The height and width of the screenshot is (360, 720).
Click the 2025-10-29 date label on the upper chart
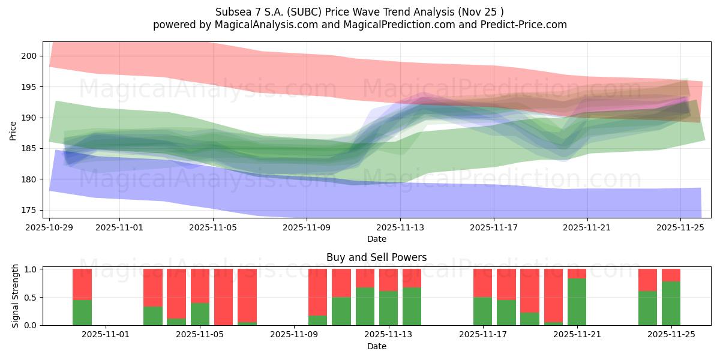pyautogui.click(x=49, y=228)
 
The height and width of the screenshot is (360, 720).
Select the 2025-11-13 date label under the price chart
pyautogui.click(x=400, y=228)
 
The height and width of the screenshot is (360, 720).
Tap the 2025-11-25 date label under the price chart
pyautogui.click(x=681, y=228)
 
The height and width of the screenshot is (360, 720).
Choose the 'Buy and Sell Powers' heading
pyautogui.click(x=376, y=257)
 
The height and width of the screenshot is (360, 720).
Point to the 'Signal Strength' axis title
pyautogui.click(x=16, y=297)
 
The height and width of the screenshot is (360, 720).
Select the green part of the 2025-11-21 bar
pyautogui.click(x=577, y=301)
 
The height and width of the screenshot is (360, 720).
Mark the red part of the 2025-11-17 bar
pyautogui.click(x=482, y=283)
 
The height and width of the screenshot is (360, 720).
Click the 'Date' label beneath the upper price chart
pyautogui.click(x=376, y=239)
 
